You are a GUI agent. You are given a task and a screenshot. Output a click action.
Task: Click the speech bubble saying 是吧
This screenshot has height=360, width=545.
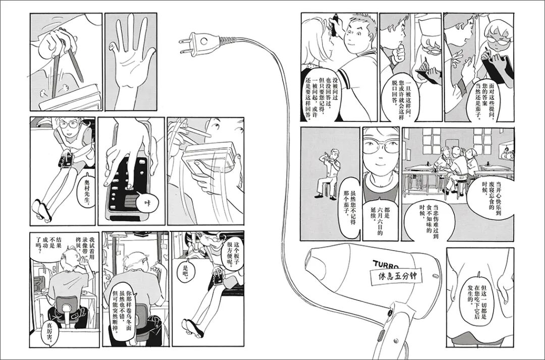click(189, 269)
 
